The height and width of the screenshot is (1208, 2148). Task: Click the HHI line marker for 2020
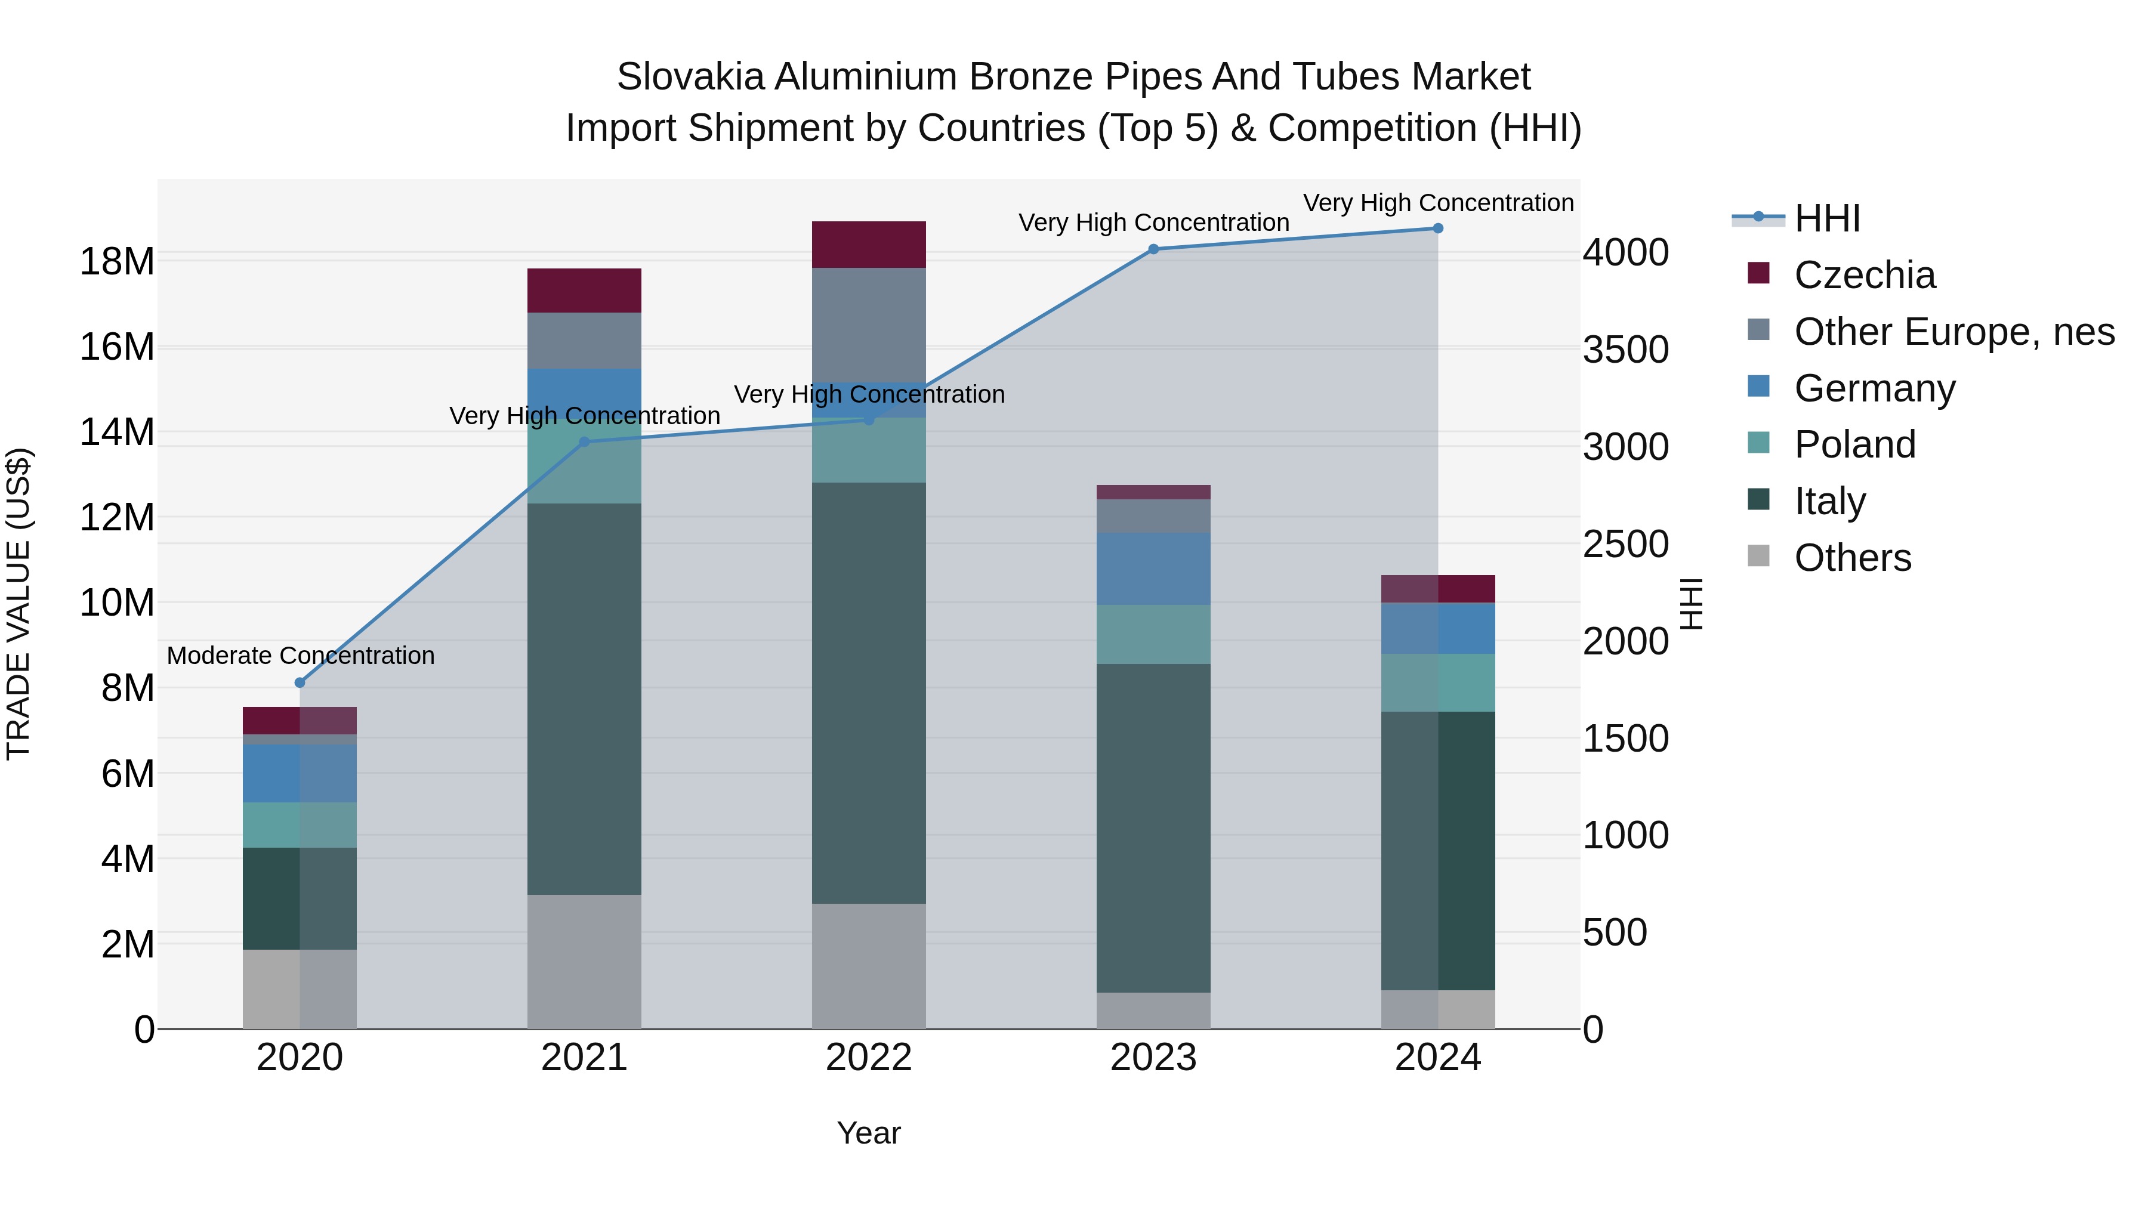point(300,683)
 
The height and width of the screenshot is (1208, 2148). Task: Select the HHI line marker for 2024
point(1437,228)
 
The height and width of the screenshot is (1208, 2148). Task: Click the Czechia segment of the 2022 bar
point(869,244)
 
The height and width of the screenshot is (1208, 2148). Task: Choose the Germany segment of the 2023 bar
point(1153,569)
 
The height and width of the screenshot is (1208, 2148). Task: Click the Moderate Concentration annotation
point(300,655)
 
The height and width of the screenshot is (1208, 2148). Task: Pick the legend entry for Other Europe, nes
point(1953,332)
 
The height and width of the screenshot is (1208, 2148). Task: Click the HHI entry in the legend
point(1827,218)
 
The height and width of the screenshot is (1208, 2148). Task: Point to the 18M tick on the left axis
point(117,261)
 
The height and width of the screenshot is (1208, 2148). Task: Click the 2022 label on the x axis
point(869,1058)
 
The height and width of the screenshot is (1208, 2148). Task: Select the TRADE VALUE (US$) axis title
point(18,604)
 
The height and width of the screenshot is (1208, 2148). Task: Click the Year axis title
point(869,1133)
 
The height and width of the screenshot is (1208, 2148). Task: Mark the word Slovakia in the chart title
point(690,77)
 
